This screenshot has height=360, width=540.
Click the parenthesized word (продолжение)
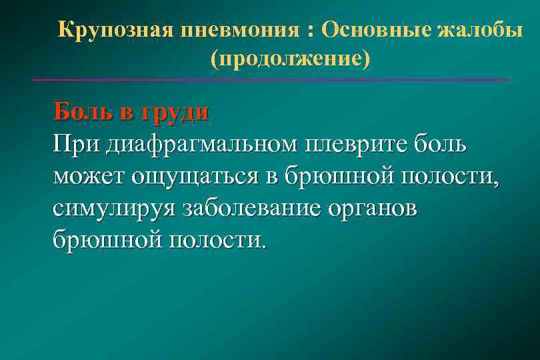289,59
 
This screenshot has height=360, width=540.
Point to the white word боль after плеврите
444,143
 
